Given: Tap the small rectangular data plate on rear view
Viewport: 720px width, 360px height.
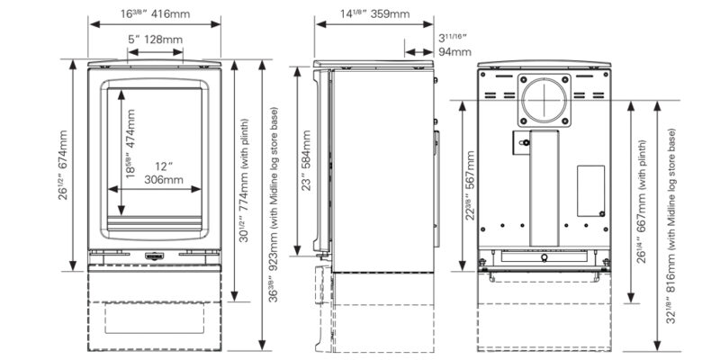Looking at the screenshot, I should pos(589,190).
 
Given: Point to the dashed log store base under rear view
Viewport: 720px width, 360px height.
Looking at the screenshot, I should pos(544,315).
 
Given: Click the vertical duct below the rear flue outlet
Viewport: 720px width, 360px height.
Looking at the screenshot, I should pos(544,184).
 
